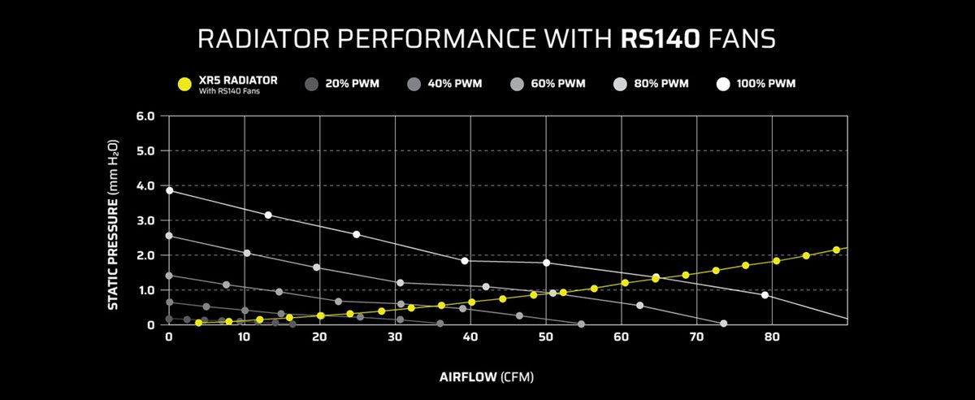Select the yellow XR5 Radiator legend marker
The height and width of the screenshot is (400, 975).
coord(184,84)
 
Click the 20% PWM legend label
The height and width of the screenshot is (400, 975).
coord(352,84)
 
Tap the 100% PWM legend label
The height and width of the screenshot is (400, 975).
coord(766,84)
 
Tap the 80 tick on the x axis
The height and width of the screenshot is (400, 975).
coord(773,336)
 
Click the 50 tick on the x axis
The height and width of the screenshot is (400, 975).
coord(546,336)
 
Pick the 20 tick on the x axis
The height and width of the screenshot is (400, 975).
coord(319,336)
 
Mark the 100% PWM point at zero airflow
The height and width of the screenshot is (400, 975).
coord(169,190)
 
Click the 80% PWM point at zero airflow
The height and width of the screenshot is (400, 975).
coord(169,236)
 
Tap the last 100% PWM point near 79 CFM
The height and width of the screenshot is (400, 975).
coord(765,295)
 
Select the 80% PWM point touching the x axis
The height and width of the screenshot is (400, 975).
coord(723,324)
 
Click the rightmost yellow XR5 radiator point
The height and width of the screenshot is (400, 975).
coord(836,250)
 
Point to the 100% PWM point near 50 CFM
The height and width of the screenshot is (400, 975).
coord(546,263)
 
